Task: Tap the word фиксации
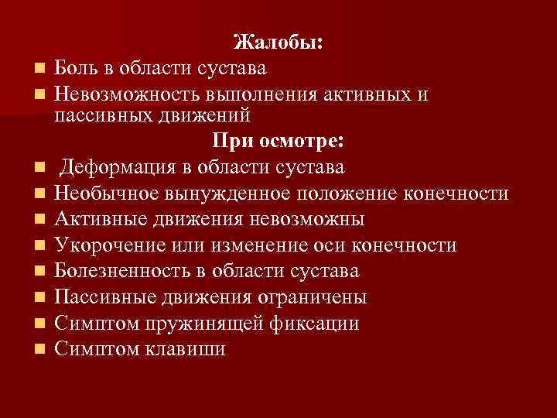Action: pos(315,324)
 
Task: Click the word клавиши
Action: pos(185,350)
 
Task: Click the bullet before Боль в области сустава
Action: pos(37,69)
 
